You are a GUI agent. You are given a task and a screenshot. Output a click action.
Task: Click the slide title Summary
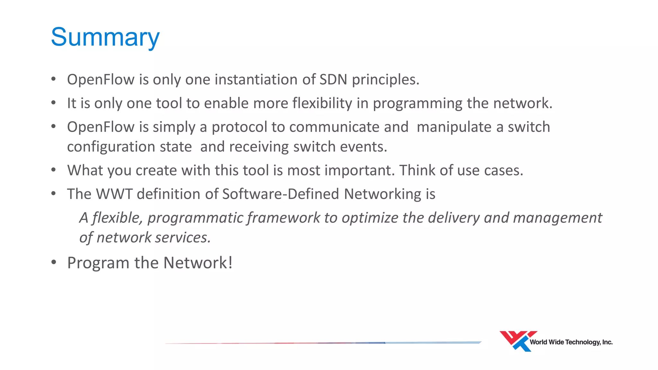pos(105,38)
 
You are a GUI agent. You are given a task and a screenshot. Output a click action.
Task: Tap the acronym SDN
pos(333,80)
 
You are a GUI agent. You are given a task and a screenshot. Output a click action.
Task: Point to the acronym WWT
pos(114,194)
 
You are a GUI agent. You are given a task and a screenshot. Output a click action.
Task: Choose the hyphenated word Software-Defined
pos(280,194)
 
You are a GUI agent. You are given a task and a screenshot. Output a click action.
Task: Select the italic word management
pos(557,218)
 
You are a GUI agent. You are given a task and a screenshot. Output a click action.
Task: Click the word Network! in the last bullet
pos(198,263)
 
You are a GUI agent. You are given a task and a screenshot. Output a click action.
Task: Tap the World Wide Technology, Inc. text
pos(571,342)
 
